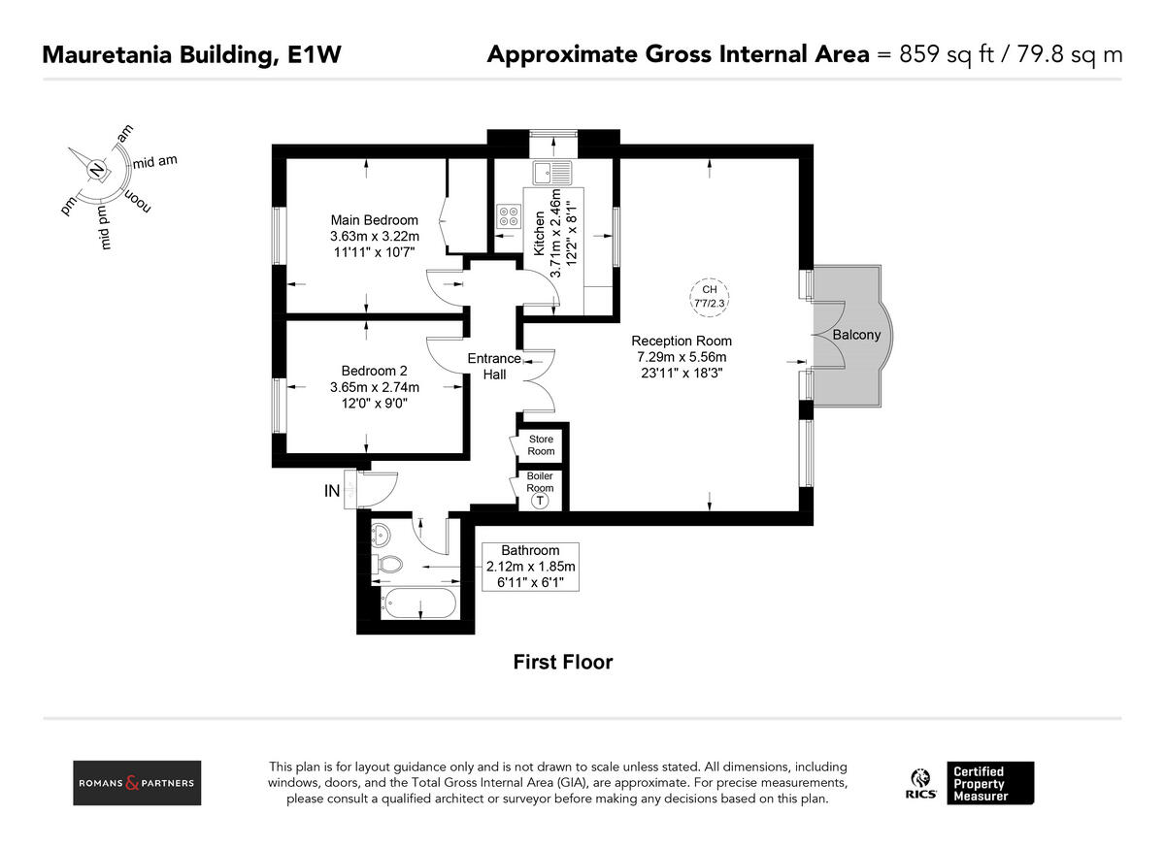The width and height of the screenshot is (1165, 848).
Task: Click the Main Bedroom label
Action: coord(375,220)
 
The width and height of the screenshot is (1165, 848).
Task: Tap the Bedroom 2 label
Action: coord(375,372)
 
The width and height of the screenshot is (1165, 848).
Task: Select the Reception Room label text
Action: coord(682,341)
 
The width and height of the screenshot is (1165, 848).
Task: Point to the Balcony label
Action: coord(856,335)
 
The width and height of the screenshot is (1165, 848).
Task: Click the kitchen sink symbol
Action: coord(552,174)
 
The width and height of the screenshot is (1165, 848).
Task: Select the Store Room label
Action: coord(541,445)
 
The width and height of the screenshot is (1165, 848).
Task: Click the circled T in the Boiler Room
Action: coord(541,502)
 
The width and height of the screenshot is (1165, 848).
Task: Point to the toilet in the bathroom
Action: coord(388,564)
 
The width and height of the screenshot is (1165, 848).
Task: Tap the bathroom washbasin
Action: coord(381,532)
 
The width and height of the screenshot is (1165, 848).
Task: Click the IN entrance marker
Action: coord(332,492)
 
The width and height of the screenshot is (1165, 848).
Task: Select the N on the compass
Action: coord(96,170)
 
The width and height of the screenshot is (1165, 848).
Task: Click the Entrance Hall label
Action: coord(494,366)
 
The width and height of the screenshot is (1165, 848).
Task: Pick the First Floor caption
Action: coord(563,663)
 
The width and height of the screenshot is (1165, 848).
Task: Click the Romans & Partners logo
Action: coord(137,783)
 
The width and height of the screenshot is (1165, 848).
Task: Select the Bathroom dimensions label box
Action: coord(530,567)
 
